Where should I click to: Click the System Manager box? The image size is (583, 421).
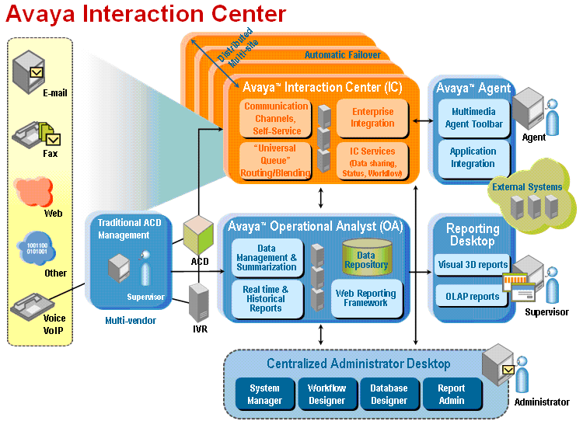[x=265, y=394]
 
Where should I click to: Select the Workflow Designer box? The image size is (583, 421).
[x=326, y=394]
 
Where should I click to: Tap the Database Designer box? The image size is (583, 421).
[x=389, y=394]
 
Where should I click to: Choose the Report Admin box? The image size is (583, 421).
[x=452, y=394]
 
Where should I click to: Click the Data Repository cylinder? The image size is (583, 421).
[x=367, y=258]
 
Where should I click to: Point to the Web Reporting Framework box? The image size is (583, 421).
[x=366, y=298]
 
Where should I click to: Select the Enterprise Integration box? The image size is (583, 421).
[x=372, y=118]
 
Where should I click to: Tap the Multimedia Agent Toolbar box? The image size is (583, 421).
[x=473, y=118]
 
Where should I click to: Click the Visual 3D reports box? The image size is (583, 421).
[x=472, y=265]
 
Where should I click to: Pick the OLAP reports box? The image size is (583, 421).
[x=472, y=296]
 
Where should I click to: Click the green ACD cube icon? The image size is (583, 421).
[x=197, y=235]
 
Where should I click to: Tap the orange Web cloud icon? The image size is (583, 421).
[x=33, y=192]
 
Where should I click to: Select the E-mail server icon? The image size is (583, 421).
[x=29, y=72]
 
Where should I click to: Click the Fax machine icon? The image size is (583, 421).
[x=36, y=134]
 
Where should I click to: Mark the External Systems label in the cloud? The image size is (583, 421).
[x=527, y=186]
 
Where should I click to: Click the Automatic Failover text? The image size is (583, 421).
[x=343, y=55]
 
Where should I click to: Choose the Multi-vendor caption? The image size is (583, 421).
[x=131, y=320]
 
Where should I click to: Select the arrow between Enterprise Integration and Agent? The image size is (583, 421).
[x=423, y=120]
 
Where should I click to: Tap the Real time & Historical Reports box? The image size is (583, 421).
[x=266, y=299]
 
